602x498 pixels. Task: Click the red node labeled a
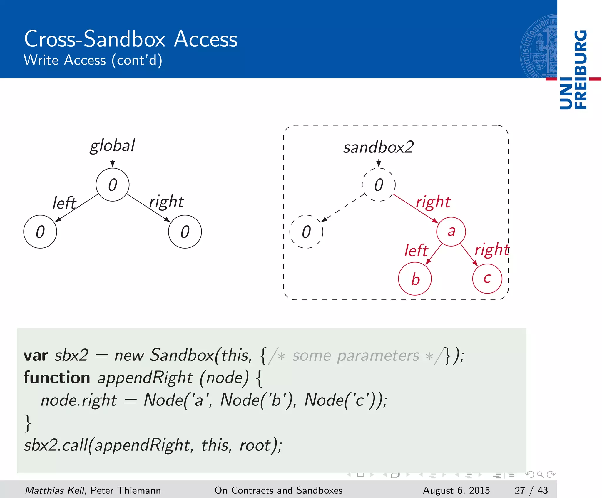[x=451, y=232]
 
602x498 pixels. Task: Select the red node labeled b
[x=415, y=279]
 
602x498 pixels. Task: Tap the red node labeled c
[x=487, y=279]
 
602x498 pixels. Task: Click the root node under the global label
[x=113, y=185]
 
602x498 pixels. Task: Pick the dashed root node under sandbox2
[x=379, y=185]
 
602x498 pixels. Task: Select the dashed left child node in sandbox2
[x=306, y=232]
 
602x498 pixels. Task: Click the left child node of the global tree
[x=40, y=232]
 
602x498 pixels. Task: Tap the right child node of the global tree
[x=185, y=232]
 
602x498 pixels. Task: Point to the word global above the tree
[x=112, y=146]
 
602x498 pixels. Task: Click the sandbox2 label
[x=378, y=147]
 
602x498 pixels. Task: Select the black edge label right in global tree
[x=166, y=202]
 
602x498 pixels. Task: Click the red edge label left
[x=416, y=251]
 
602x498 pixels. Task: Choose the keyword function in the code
[x=57, y=378]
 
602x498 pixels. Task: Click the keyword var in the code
[x=36, y=356]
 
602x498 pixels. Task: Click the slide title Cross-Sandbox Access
[x=131, y=39]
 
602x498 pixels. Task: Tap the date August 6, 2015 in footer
[x=456, y=490]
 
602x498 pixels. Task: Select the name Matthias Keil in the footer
[x=55, y=490]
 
